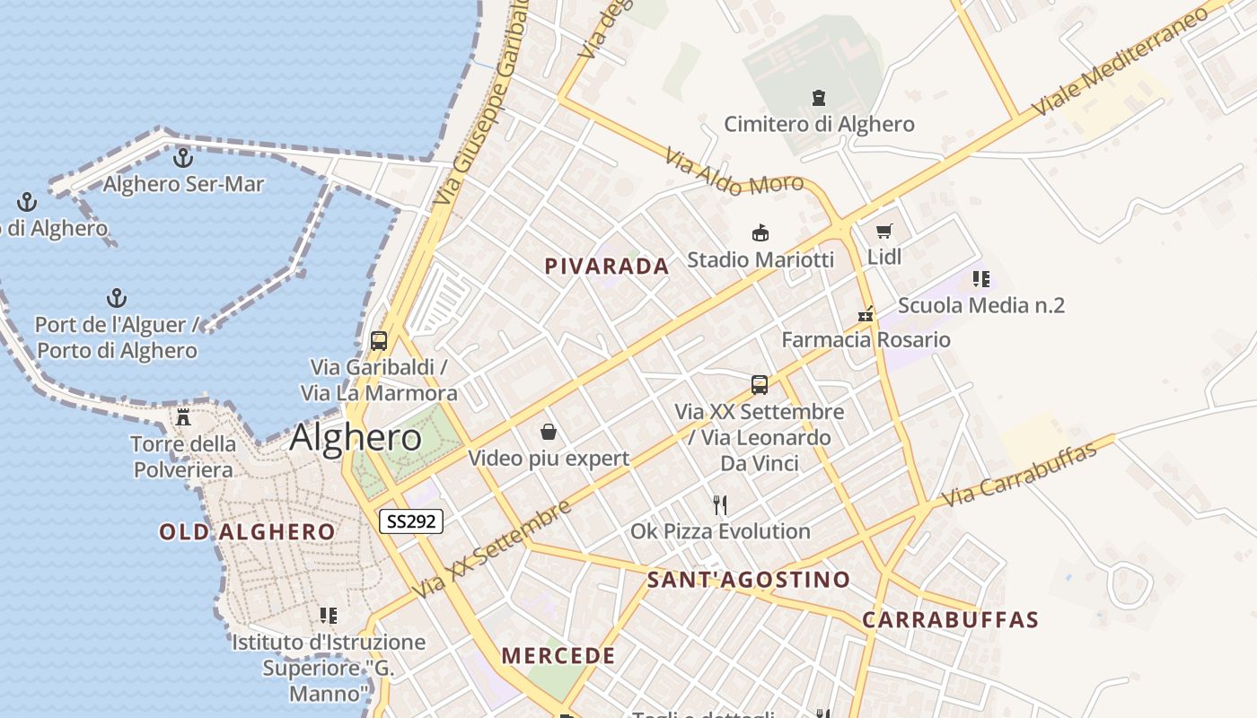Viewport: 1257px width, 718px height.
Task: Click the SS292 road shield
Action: [x=411, y=521]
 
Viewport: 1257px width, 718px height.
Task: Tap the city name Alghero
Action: [x=356, y=437]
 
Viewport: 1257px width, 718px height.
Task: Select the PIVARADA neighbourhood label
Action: [x=607, y=266]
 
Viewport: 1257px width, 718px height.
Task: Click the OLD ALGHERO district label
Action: [x=247, y=531]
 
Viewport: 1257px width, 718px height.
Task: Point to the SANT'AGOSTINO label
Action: [x=749, y=580]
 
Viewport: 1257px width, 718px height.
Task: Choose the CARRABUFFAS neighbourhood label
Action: [x=950, y=619]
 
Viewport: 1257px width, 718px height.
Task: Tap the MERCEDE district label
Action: [x=558, y=655]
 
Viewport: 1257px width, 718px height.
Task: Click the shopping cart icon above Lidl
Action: [x=884, y=231]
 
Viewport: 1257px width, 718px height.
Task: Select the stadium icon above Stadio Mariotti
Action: [x=760, y=233]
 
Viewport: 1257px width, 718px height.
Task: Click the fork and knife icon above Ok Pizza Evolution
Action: [x=719, y=504]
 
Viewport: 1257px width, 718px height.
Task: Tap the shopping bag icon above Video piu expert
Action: [x=549, y=433]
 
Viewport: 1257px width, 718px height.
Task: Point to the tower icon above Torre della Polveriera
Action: [x=183, y=416]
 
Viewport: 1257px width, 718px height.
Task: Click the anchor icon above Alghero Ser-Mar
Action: [x=183, y=158]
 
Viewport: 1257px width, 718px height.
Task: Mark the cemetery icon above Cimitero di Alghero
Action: [x=818, y=97]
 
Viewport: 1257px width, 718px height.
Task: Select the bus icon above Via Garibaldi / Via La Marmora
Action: [x=379, y=341]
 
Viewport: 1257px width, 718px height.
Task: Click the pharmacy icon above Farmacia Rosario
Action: [x=866, y=314]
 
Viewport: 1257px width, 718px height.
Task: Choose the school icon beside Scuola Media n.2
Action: [x=980, y=279]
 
